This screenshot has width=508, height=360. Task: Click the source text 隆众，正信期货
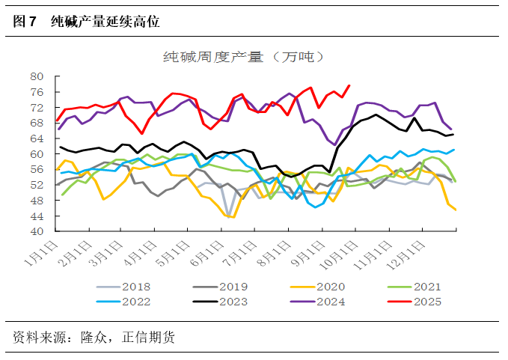pyautogui.click(x=127, y=338)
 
